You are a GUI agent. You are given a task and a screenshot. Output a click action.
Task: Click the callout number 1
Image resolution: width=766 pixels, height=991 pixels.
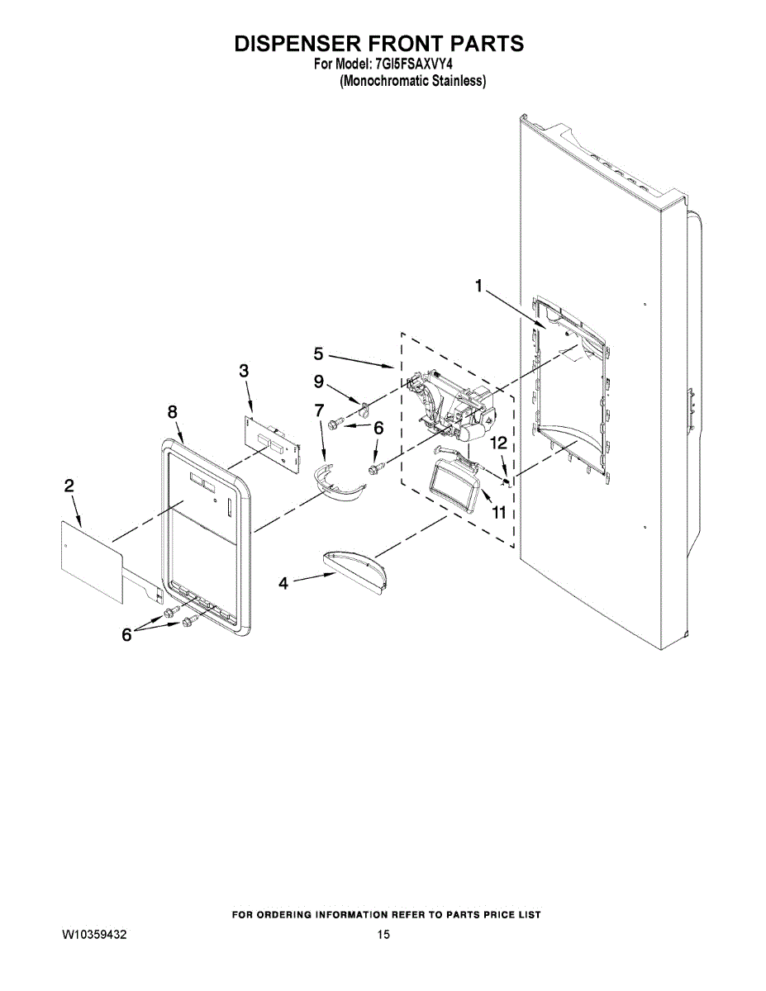(x=478, y=286)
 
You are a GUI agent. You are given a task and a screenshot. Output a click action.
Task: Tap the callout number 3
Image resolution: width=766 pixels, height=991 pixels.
(x=244, y=371)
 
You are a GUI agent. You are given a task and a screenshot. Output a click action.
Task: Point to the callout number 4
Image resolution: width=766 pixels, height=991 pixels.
(x=283, y=583)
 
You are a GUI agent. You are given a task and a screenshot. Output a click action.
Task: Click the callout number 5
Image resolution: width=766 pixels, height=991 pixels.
(x=319, y=354)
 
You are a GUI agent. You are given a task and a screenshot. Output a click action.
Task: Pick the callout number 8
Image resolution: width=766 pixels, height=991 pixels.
(x=172, y=411)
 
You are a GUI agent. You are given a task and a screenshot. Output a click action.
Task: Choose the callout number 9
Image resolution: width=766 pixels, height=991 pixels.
(x=319, y=382)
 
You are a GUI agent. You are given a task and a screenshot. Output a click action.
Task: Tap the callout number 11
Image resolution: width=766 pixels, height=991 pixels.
(x=498, y=512)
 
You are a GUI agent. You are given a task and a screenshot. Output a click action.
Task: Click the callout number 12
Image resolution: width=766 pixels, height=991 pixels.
(x=497, y=443)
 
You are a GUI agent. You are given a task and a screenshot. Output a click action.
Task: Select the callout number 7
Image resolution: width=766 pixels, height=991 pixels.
(x=319, y=410)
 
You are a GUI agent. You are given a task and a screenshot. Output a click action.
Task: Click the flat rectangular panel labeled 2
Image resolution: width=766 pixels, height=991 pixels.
(x=90, y=557)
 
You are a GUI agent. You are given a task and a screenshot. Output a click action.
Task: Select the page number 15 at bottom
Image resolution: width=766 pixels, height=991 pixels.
(x=383, y=935)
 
